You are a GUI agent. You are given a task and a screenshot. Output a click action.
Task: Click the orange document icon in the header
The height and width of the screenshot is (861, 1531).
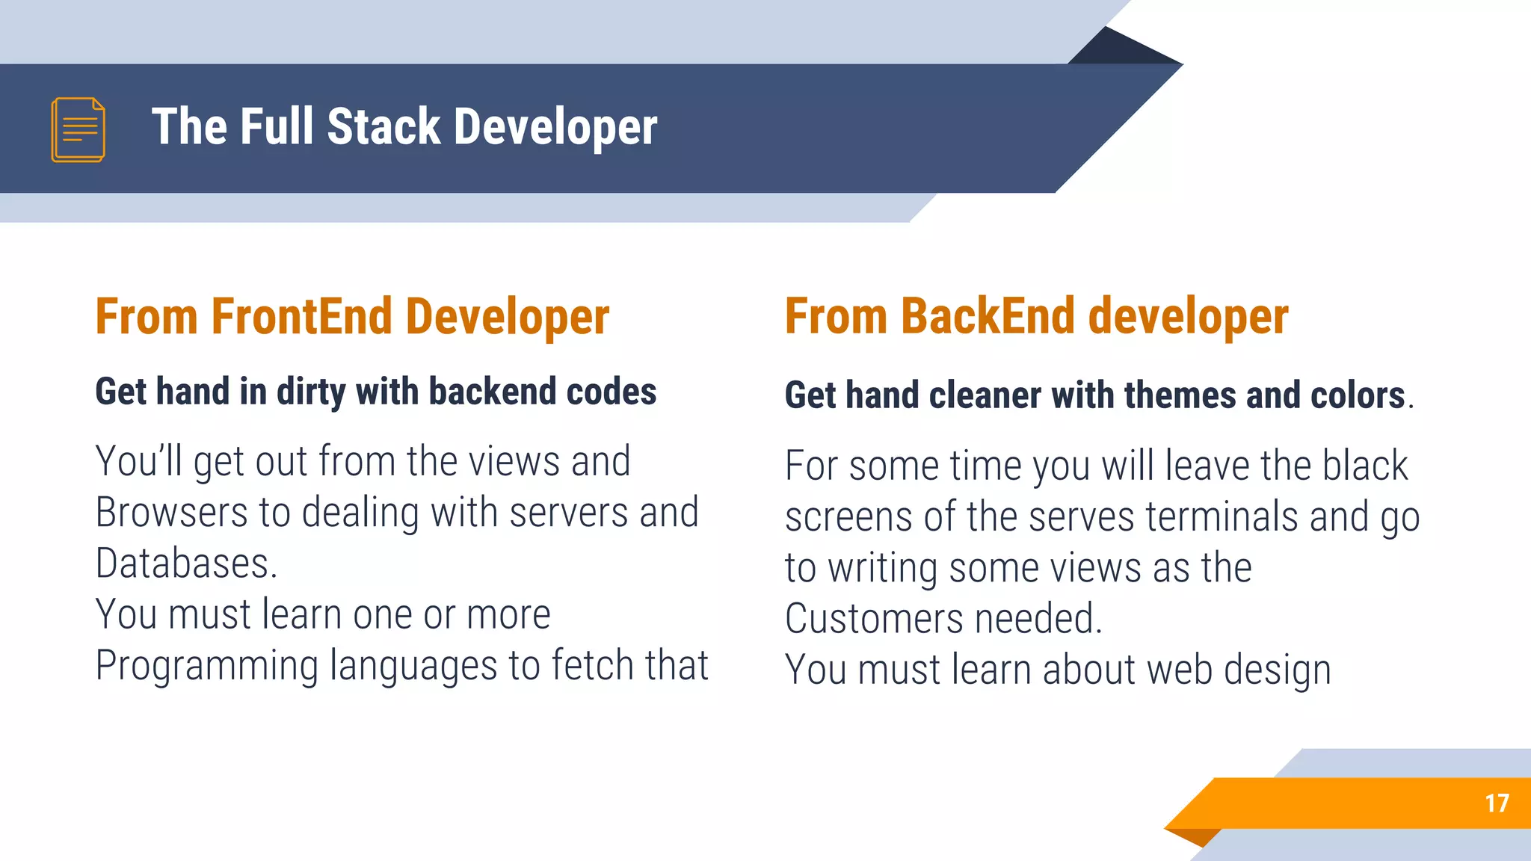tap(78, 129)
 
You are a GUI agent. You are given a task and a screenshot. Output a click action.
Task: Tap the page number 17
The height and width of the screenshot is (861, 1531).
tap(1497, 803)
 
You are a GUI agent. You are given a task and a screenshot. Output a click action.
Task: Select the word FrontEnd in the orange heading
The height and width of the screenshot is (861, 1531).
tap(302, 317)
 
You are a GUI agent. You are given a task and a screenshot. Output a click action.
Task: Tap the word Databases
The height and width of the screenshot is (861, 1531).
tap(186, 564)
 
